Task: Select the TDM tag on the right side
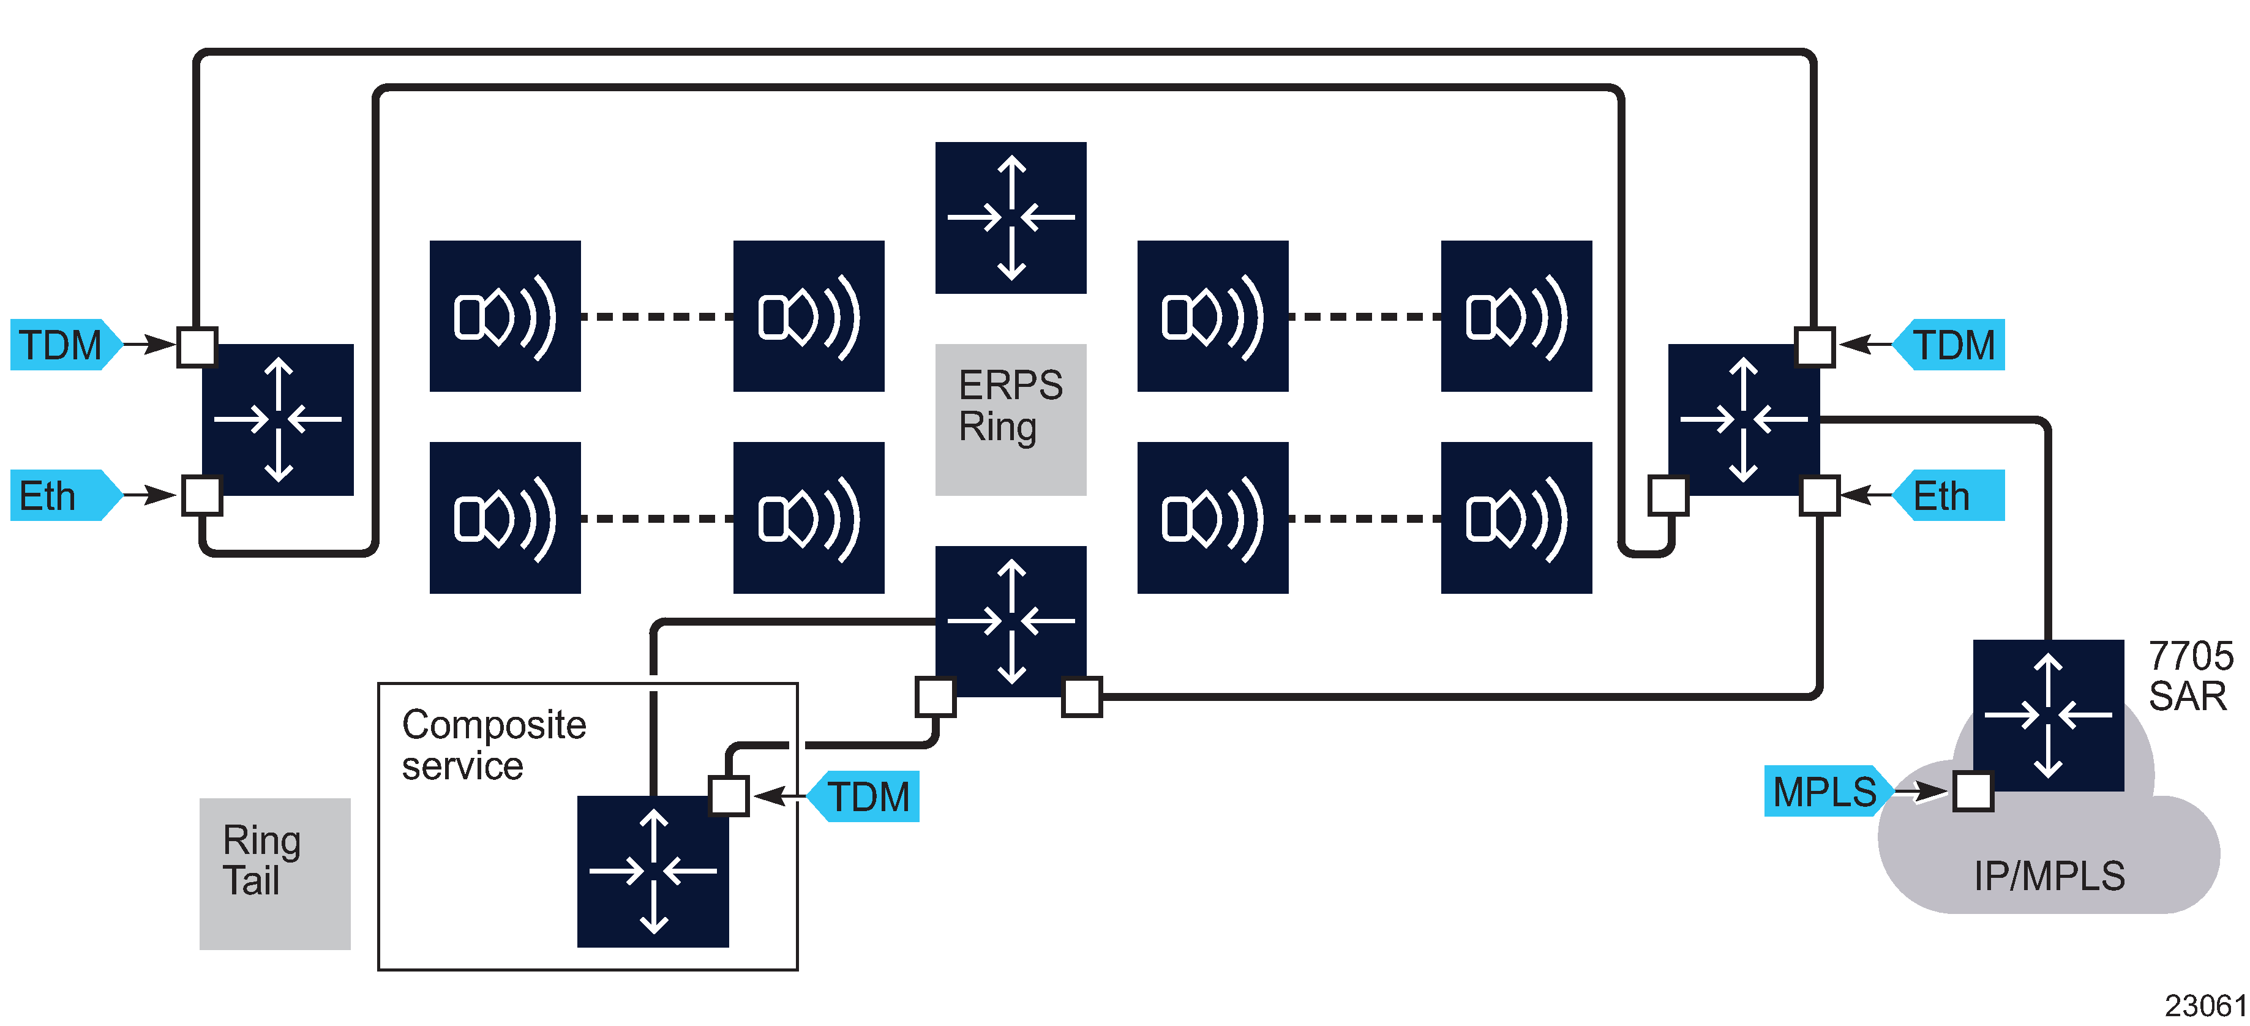(1953, 345)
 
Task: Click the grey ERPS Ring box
(1011, 419)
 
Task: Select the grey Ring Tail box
(274, 873)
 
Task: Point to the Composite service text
(493, 745)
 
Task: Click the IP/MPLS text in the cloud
(2048, 876)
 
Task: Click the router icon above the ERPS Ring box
(1011, 217)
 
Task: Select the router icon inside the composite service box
(653, 871)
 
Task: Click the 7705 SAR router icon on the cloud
(2047, 715)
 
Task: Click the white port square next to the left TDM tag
(197, 346)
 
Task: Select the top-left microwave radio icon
(505, 316)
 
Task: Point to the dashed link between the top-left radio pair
(657, 316)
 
